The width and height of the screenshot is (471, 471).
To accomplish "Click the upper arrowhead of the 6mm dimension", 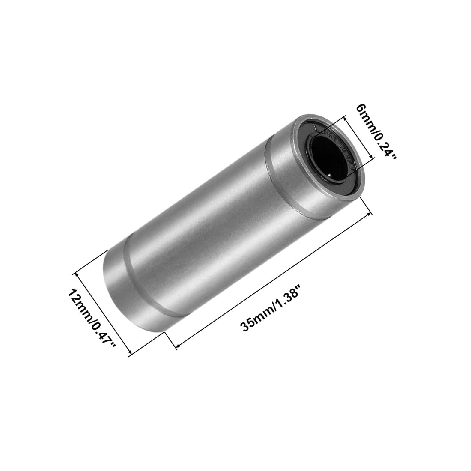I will (x=346, y=118).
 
